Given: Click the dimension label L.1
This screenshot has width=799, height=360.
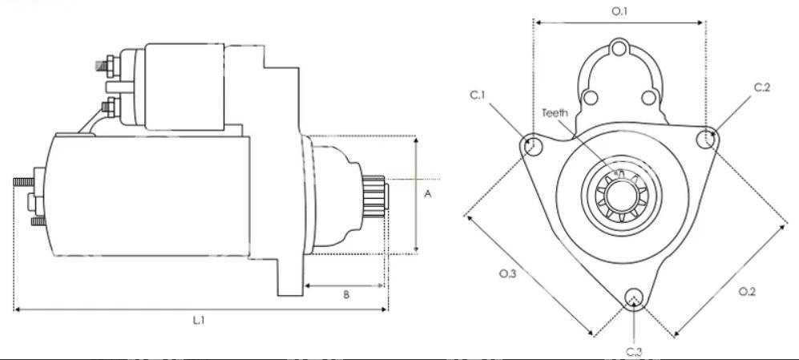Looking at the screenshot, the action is click(199, 320).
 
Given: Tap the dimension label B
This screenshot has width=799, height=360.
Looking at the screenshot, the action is click(346, 294).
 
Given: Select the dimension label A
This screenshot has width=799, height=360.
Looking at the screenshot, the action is click(428, 194).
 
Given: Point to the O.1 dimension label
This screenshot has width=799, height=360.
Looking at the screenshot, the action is click(619, 10).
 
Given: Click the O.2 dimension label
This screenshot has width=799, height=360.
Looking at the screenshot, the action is click(748, 292).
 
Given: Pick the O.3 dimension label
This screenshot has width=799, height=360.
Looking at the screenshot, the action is click(507, 273).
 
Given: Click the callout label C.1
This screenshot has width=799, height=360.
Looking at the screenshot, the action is click(478, 95).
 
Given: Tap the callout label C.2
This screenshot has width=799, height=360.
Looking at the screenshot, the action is click(762, 87).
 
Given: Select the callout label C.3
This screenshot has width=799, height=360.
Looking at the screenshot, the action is click(634, 351).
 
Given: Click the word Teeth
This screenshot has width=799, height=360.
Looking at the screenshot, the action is click(555, 113).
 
